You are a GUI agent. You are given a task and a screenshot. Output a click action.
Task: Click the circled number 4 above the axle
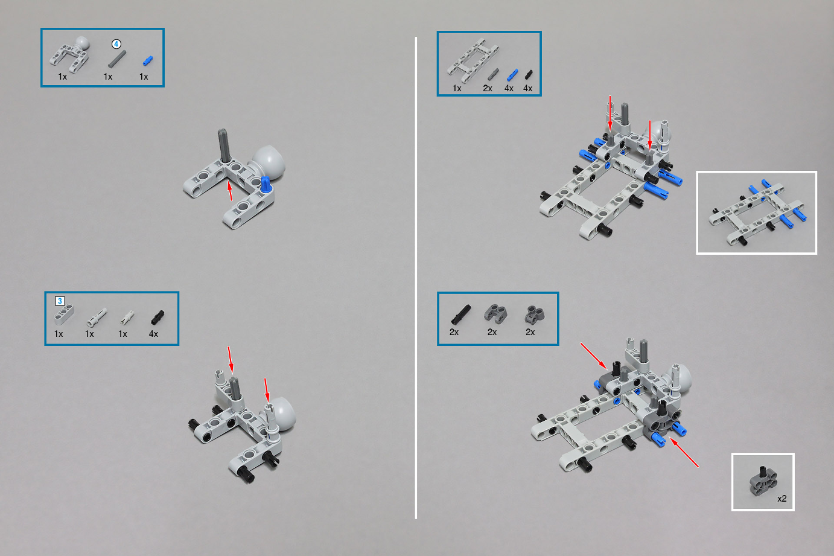click(116, 44)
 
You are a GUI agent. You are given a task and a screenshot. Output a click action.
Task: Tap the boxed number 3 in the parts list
click(60, 301)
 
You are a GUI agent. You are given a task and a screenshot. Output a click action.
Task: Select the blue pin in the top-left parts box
click(148, 61)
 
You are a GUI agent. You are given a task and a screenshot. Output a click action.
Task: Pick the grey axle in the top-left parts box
click(117, 59)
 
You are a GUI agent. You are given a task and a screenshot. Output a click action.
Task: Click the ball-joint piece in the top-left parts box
click(70, 54)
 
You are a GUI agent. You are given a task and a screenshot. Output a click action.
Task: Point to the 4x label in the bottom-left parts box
click(153, 334)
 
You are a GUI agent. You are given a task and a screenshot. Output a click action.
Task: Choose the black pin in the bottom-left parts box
click(158, 318)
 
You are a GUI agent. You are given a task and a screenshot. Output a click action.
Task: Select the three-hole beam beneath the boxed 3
click(64, 315)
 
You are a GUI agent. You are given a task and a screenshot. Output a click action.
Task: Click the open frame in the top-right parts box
click(473, 60)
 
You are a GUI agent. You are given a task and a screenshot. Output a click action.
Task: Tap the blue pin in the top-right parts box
click(512, 75)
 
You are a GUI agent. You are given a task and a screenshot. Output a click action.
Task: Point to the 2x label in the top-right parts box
click(488, 88)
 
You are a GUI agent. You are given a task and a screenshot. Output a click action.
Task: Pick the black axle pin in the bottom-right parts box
click(461, 315)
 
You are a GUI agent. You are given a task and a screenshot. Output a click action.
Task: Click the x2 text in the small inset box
click(782, 499)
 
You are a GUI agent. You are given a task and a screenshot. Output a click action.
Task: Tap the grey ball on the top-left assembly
click(268, 163)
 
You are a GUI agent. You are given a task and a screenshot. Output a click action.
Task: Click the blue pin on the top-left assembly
click(265, 185)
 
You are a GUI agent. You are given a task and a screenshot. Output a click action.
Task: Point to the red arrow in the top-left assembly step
click(230, 191)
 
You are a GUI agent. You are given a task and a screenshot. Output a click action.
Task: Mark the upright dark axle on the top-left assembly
click(223, 145)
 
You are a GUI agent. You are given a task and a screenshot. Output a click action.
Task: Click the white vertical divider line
click(416, 278)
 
